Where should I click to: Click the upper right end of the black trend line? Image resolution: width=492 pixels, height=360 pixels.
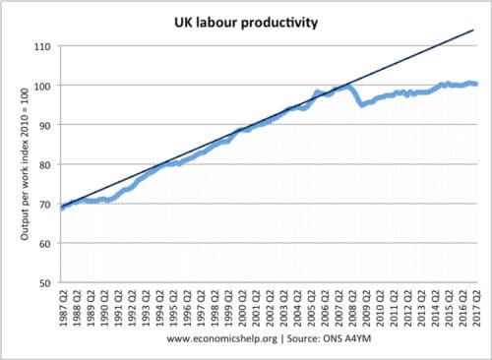pos(474,30)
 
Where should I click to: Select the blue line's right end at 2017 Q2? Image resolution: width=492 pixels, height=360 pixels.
pos(476,85)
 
